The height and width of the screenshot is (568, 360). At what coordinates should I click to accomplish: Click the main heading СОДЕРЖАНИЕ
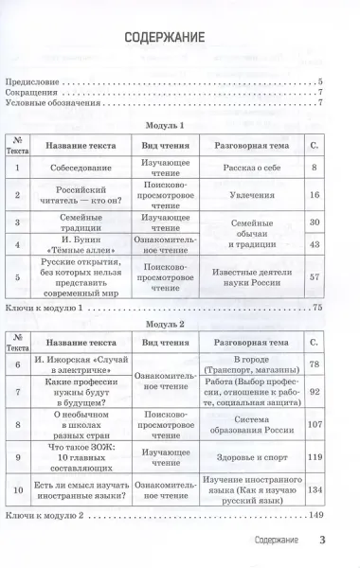179,41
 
